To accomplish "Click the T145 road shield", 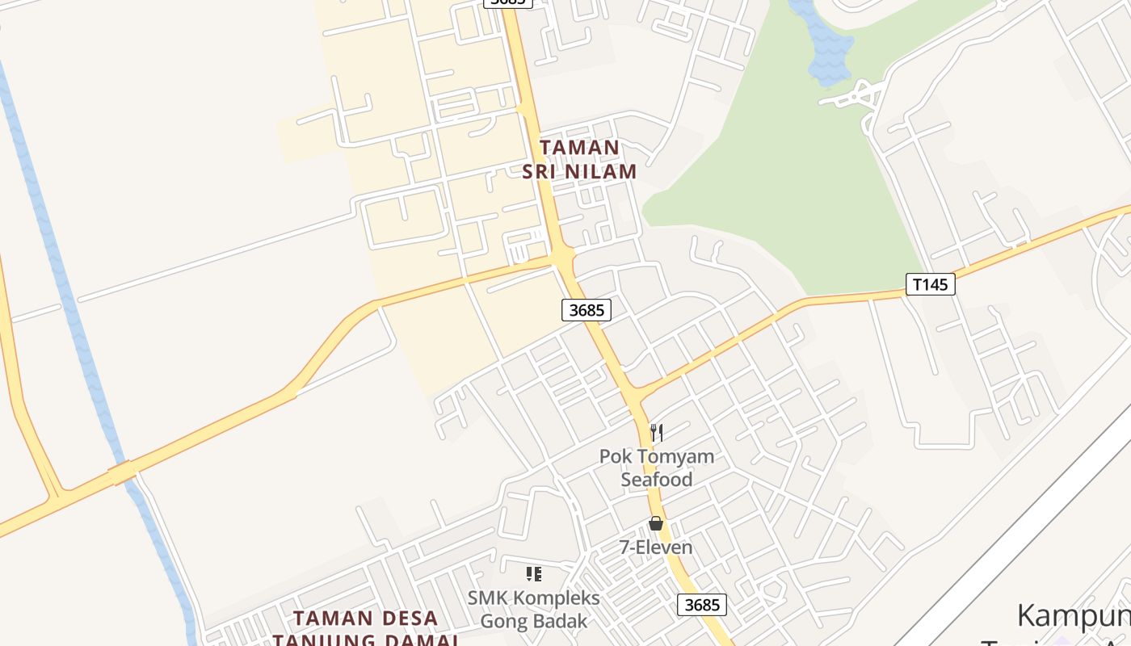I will [x=931, y=284].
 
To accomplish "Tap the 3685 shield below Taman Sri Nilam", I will [x=586, y=309].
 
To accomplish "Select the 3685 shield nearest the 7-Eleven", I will [x=701, y=605].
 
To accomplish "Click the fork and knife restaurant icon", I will [x=657, y=433].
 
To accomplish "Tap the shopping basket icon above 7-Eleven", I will [x=656, y=523].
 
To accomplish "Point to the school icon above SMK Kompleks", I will [x=533, y=574].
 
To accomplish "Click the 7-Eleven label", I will [x=656, y=547].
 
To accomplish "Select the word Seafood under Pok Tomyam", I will [x=657, y=480].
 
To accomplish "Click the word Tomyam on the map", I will [x=675, y=456].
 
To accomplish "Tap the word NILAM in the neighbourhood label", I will [x=605, y=171].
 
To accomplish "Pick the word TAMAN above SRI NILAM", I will [x=580, y=148].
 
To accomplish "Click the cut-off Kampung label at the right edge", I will [x=1074, y=615].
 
